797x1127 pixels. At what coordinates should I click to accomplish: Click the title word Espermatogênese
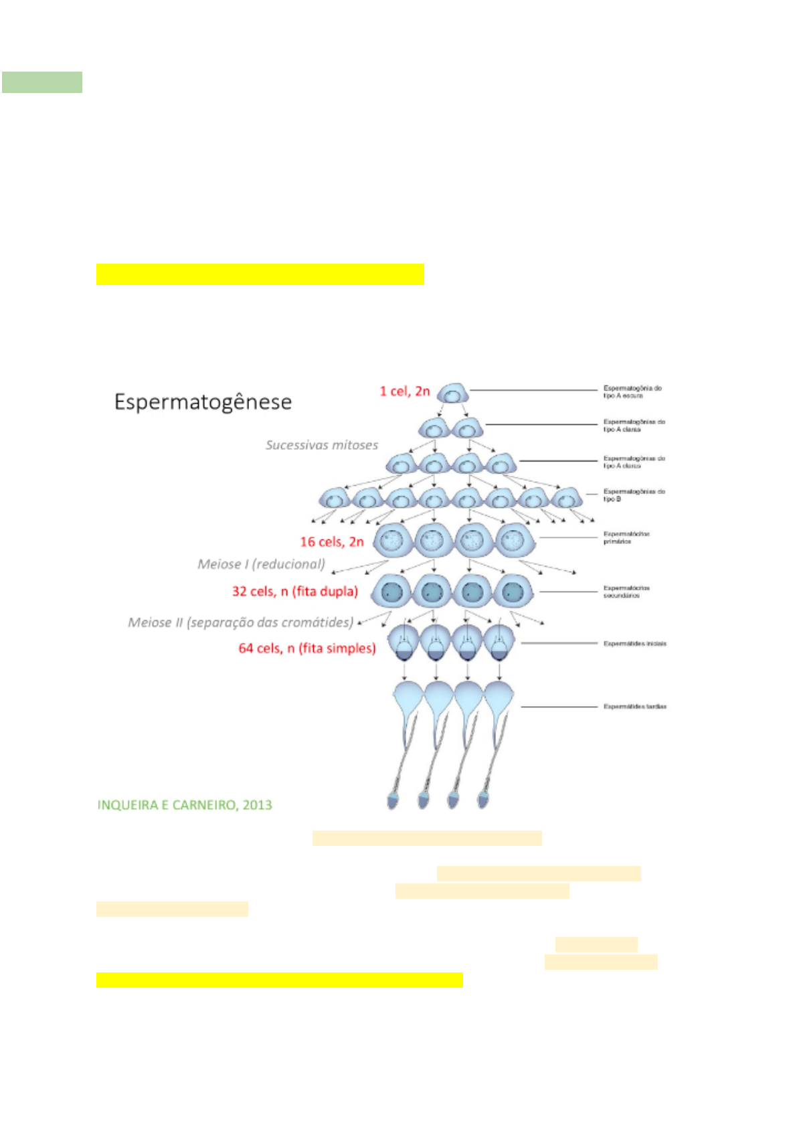(x=203, y=402)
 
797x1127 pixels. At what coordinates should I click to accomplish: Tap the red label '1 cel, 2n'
(x=404, y=392)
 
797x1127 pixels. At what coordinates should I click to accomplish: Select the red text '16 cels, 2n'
(x=331, y=542)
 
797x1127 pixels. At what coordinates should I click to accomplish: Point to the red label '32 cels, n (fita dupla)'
(x=294, y=592)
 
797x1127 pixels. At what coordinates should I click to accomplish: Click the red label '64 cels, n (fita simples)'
(x=306, y=648)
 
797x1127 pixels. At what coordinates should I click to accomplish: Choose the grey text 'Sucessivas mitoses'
(x=321, y=445)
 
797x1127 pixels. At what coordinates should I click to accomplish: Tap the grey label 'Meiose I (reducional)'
(x=261, y=564)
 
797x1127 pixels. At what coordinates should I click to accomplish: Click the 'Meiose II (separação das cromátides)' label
(x=240, y=622)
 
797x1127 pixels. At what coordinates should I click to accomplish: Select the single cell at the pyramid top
(x=452, y=393)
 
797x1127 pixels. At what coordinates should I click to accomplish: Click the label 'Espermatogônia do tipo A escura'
(x=632, y=392)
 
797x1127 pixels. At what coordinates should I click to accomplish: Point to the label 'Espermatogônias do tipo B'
(x=633, y=495)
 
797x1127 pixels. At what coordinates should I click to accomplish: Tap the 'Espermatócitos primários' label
(x=626, y=537)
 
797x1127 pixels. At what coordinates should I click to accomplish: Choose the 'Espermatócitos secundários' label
(x=626, y=592)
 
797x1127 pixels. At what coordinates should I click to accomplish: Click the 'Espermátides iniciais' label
(x=634, y=644)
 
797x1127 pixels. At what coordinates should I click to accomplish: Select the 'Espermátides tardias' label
(x=634, y=707)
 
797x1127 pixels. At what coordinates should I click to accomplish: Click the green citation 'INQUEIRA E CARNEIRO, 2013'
(x=185, y=805)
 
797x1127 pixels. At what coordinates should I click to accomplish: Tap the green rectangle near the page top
(x=41, y=82)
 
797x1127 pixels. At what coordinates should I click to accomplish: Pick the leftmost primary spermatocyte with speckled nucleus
(x=393, y=539)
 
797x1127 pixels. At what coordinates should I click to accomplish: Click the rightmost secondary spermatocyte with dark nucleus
(x=513, y=592)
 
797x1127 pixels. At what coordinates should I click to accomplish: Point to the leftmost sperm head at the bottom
(x=393, y=800)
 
